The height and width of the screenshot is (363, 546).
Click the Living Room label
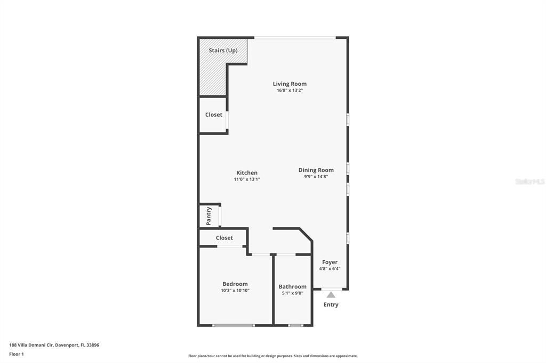[x=290, y=84]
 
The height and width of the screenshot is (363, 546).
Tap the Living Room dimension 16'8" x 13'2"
[x=290, y=90]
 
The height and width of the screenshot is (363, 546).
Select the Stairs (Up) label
[x=223, y=51]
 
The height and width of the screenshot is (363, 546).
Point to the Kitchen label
[x=247, y=173]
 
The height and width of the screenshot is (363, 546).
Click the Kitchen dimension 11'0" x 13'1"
[x=247, y=179]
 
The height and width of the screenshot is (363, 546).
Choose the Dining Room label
[x=316, y=170]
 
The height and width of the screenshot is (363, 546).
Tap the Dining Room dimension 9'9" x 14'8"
[x=316, y=177]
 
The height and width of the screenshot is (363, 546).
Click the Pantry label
[x=209, y=216]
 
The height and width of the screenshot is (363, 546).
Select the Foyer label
[x=330, y=262]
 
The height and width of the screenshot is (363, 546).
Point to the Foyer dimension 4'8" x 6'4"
[x=330, y=269]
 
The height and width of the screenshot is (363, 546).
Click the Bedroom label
[x=235, y=284]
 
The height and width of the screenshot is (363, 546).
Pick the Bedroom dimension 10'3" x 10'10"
[x=235, y=291]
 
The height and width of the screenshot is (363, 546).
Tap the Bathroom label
[x=293, y=287]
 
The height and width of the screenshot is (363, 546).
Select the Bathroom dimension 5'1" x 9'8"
[x=293, y=293]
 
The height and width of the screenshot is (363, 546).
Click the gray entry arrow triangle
[x=331, y=295]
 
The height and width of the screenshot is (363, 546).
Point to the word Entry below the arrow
[x=331, y=304]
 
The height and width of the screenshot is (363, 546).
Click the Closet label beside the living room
[x=213, y=115]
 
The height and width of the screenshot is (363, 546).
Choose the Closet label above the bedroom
[x=224, y=238]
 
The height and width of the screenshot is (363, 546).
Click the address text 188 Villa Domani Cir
[x=31, y=345]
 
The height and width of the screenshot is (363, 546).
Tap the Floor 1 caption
[x=17, y=354]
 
